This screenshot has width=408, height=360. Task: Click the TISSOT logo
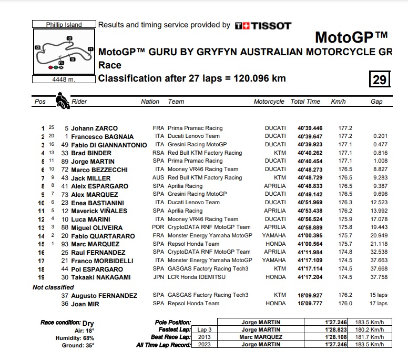[x=262, y=25]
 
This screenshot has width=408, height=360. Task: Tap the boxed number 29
[x=380, y=79]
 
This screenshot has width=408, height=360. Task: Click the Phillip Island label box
[x=64, y=24]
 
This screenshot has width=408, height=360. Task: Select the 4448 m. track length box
[x=64, y=79]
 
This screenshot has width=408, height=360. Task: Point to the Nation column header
[x=150, y=102]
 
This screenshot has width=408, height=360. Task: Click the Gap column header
[x=376, y=102]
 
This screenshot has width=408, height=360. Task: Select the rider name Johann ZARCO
[x=95, y=128]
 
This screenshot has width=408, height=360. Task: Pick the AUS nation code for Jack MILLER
[x=158, y=178]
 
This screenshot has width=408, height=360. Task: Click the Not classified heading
[x=53, y=287]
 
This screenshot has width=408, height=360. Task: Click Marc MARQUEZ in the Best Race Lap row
[x=261, y=337]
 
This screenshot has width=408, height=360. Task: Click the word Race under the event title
[x=110, y=65]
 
